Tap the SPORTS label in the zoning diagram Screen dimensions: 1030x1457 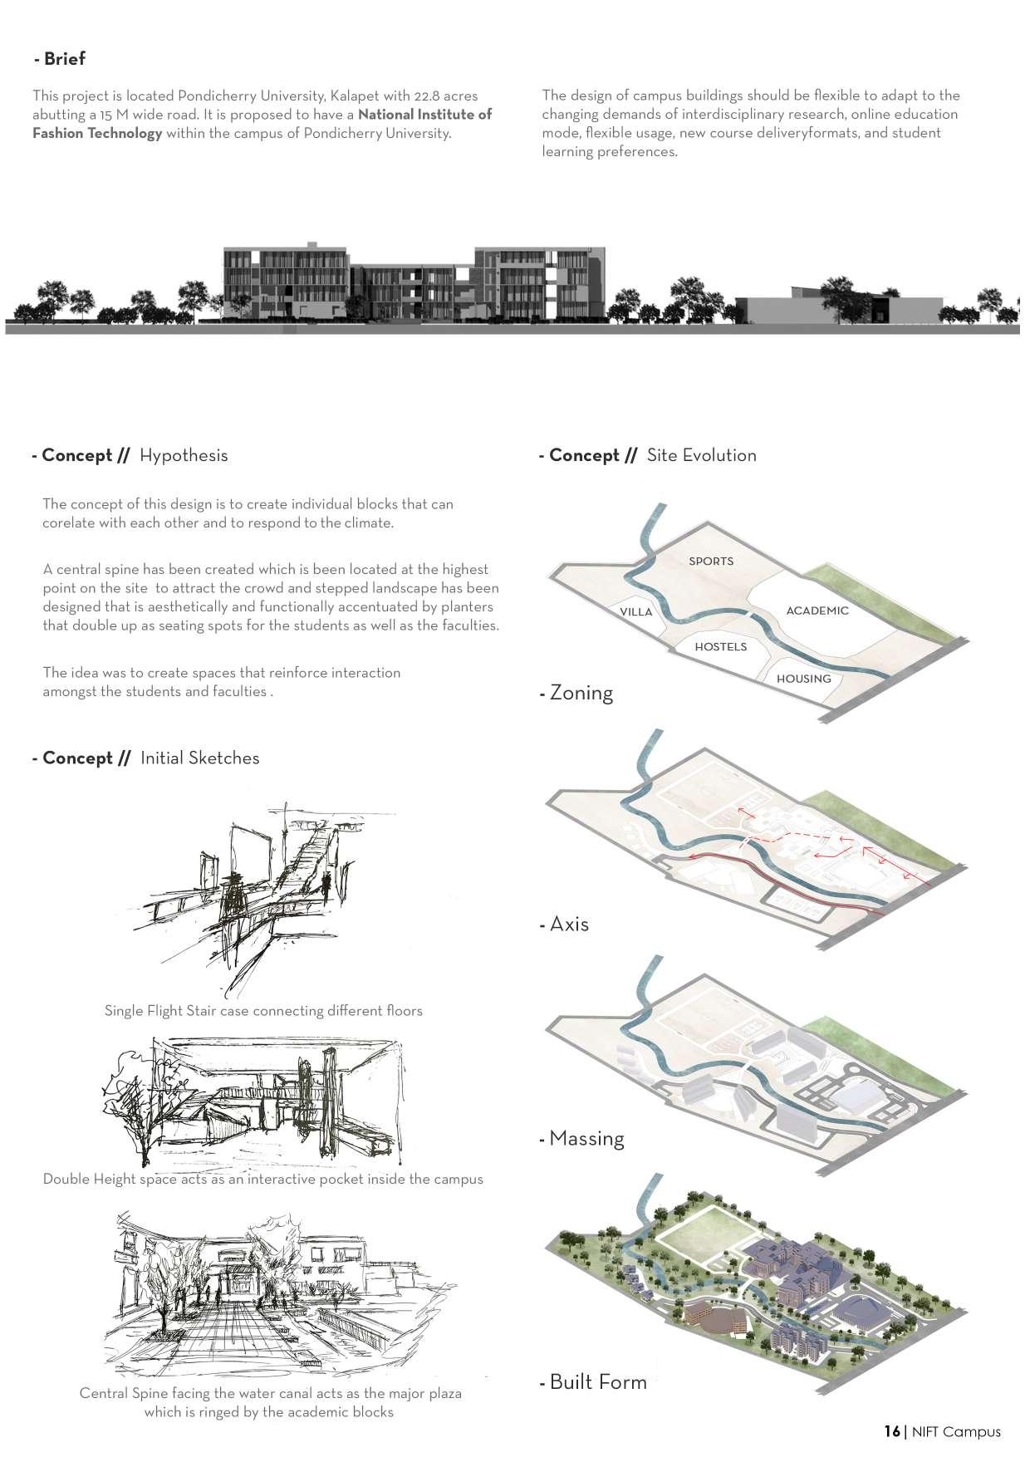[x=711, y=561]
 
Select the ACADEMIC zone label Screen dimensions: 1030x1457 [x=817, y=611]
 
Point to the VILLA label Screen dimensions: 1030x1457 [x=636, y=612]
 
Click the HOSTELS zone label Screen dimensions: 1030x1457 [x=720, y=646]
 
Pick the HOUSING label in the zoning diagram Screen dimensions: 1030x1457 [x=803, y=679]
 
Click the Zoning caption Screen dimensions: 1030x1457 [x=581, y=693]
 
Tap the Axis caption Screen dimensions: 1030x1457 [x=568, y=924]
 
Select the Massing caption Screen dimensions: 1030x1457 [x=586, y=1138]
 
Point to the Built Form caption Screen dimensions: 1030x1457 [x=597, y=1382]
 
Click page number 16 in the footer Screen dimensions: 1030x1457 [x=891, y=1431]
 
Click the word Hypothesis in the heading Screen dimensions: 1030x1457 [x=184, y=455]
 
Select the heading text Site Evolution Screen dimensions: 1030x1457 [x=701, y=455]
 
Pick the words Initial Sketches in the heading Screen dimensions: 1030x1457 [x=199, y=758]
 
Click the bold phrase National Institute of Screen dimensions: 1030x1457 [x=424, y=115]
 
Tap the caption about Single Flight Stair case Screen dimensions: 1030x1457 [x=263, y=1011]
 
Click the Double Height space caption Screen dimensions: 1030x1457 [x=262, y=1179]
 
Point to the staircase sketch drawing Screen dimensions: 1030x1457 [x=257, y=897]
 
